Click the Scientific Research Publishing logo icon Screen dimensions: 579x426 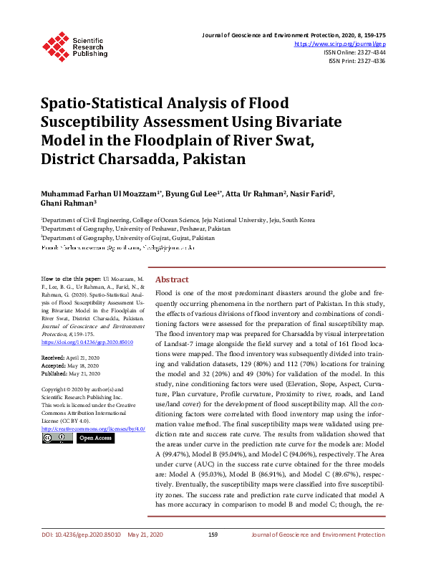[x=57, y=44]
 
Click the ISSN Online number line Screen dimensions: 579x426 [x=354, y=52]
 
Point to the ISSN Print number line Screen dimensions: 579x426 [x=357, y=61]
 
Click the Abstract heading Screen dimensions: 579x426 [x=172, y=279]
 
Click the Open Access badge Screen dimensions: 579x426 [x=95, y=438]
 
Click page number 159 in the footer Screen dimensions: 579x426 [x=213, y=555]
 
